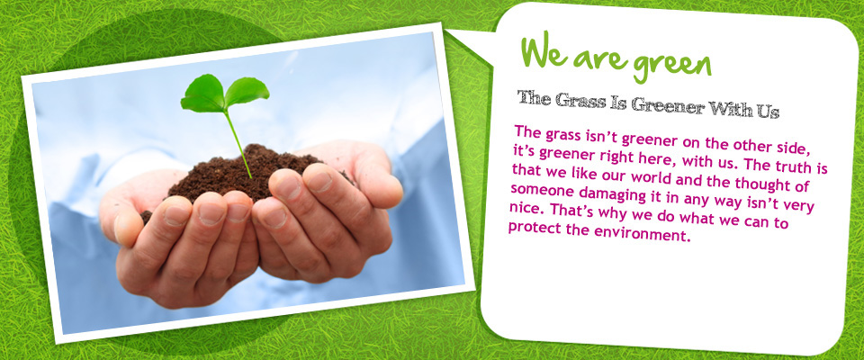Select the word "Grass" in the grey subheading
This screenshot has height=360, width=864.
point(579,100)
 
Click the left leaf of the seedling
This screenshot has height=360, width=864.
point(203,94)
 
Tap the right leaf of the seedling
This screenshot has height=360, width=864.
point(247,90)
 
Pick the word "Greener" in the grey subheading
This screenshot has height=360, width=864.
point(667,104)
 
